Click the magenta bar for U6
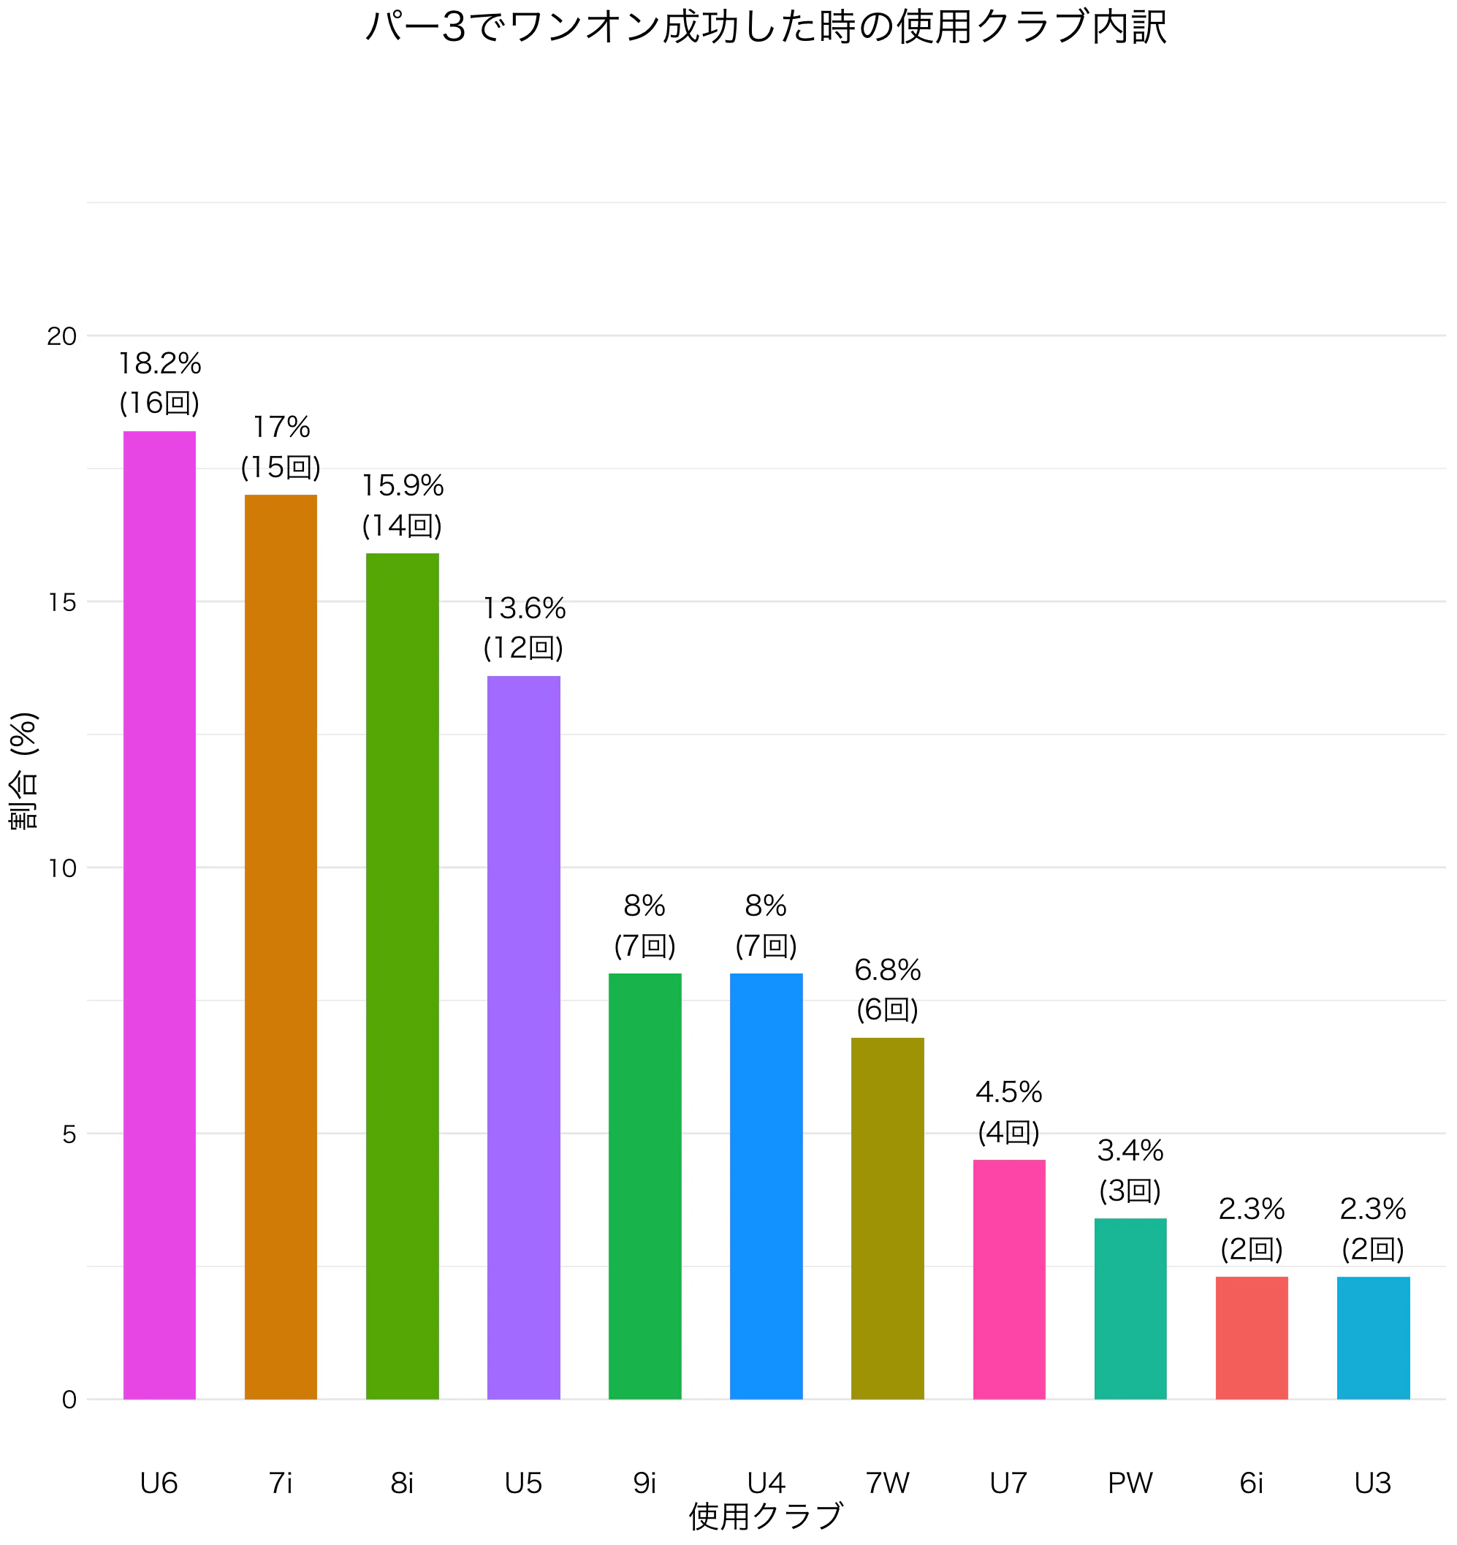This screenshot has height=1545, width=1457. point(159,915)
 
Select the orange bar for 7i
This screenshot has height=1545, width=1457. point(281,946)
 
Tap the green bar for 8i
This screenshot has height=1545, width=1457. point(402,976)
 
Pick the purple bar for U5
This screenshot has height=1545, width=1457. point(523,1038)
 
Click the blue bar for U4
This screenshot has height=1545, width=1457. point(766,1186)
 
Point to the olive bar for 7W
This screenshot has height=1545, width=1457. point(887,1218)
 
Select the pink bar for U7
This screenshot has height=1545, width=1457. point(1008,1279)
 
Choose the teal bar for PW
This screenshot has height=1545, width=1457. point(1130,1309)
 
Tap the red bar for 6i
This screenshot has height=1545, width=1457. point(1251,1338)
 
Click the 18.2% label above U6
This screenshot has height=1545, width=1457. point(159,363)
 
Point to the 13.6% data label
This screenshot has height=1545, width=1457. point(524,608)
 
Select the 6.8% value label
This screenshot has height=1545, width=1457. point(887,970)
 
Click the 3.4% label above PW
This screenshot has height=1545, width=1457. point(1130,1150)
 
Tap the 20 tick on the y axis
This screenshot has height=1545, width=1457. point(61,336)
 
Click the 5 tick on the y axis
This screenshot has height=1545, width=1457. point(69,1134)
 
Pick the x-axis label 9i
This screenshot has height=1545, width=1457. point(644,1484)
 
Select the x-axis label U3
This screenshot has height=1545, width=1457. point(1372,1484)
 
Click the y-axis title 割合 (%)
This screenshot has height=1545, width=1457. point(23,771)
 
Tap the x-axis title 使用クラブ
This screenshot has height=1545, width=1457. point(766,1516)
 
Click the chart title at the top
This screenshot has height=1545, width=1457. point(766,26)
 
